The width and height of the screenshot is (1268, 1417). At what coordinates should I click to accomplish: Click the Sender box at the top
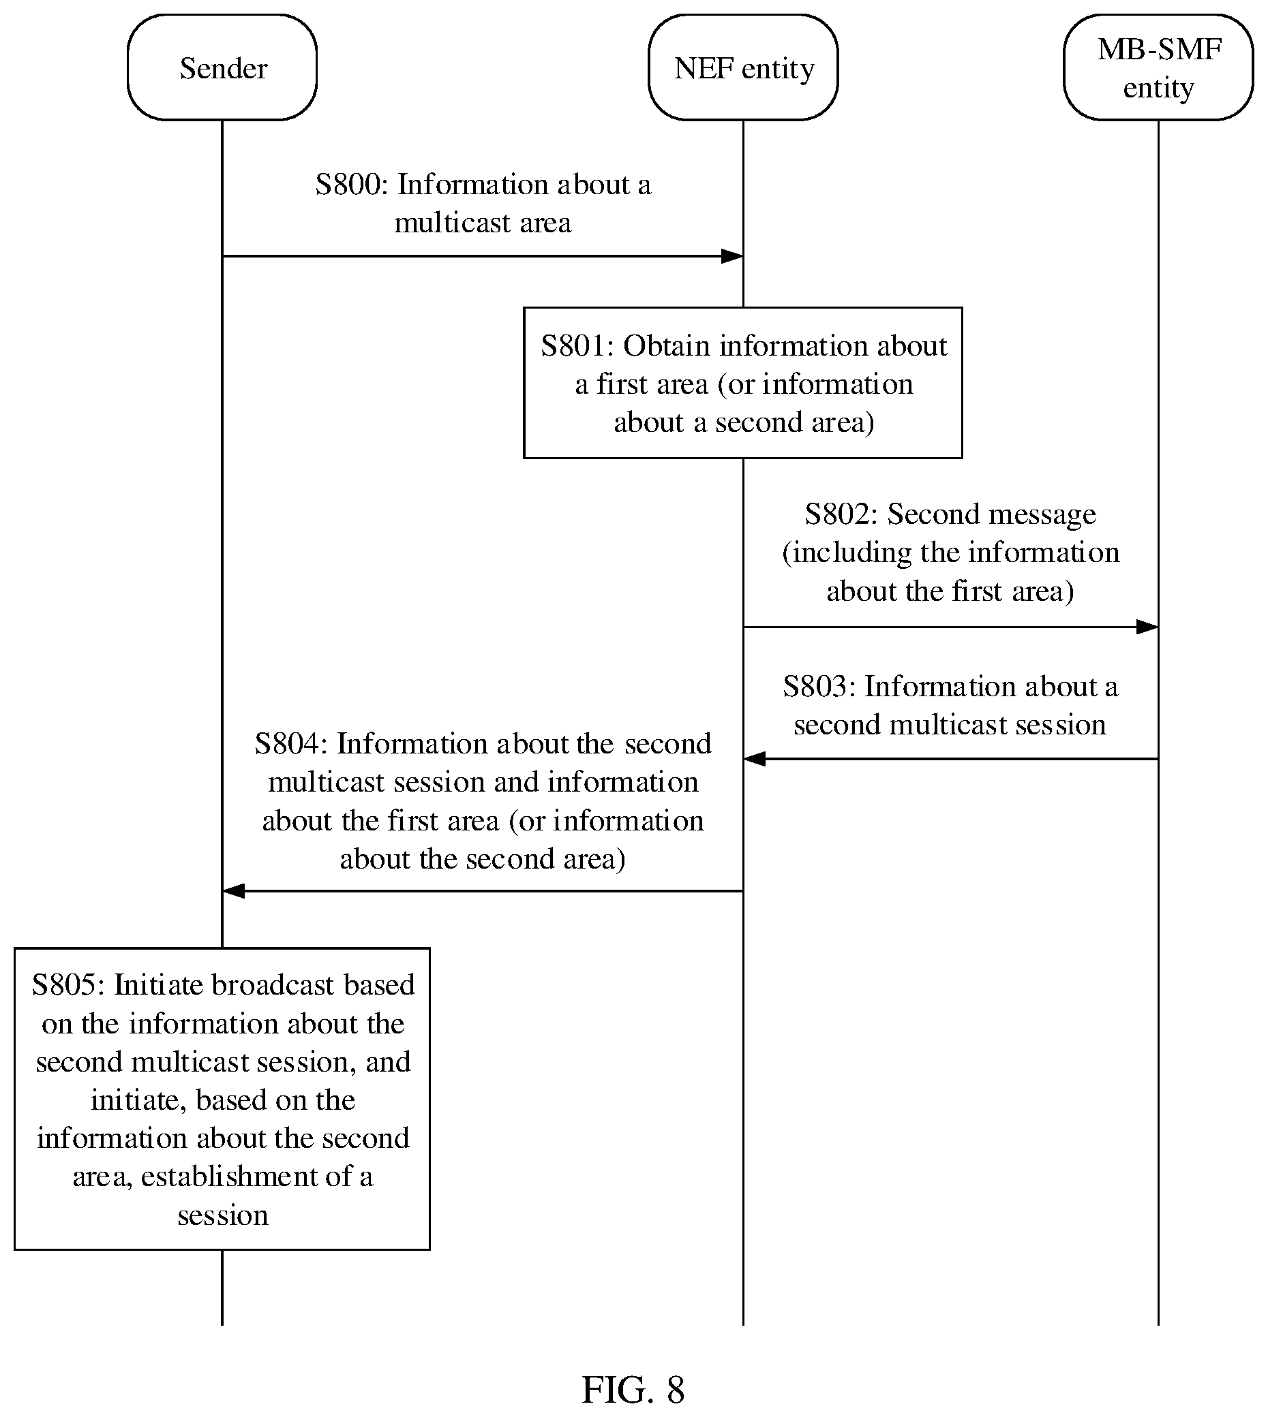(x=222, y=67)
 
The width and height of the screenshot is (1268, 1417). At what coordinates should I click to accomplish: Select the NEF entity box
(x=743, y=67)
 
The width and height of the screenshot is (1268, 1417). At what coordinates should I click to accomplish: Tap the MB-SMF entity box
(x=1158, y=67)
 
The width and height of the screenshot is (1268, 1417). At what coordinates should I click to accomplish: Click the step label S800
(x=352, y=185)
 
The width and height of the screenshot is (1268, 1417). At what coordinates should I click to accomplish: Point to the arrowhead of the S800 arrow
(x=732, y=256)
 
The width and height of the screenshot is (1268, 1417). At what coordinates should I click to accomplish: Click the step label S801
(x=577, y=346)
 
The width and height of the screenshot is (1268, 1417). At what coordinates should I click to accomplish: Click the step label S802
(x=842, y=514)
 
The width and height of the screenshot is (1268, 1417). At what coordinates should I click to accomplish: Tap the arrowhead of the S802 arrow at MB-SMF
(x=1147, y=627)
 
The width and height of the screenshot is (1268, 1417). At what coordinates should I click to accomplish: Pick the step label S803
(x=819, y=687)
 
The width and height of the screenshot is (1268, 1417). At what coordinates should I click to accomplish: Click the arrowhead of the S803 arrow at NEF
(x=755, y=759)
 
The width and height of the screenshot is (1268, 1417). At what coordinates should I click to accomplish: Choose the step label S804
(x=291, y=744)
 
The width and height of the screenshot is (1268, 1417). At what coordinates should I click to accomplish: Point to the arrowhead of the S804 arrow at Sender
(x=233, y=890)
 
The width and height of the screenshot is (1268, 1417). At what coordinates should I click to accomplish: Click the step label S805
(x=68, y=985)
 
